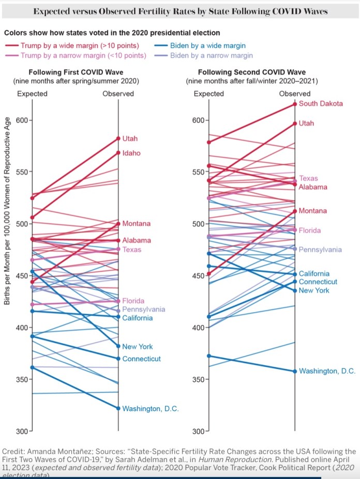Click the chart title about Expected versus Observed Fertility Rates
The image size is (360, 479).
[x=180, y=11]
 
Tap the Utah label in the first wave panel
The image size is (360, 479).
[x=130, y=138]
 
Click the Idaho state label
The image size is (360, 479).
[x=131, y=153]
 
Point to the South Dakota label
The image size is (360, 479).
[x=321, y=104]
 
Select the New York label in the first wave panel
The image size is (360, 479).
[x=138, y=346]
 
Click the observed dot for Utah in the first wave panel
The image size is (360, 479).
[x=118, y=138]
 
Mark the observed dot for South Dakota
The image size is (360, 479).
[x=295, y=104]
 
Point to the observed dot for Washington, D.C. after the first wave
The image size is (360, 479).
[x=118, y=408]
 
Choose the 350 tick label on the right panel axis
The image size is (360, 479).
[x=199, y=379]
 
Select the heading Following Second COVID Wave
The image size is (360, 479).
[x=251, y=72]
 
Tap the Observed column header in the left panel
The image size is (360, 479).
[x=118, y=94]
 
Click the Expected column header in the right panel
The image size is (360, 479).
[x=208, y=94]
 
